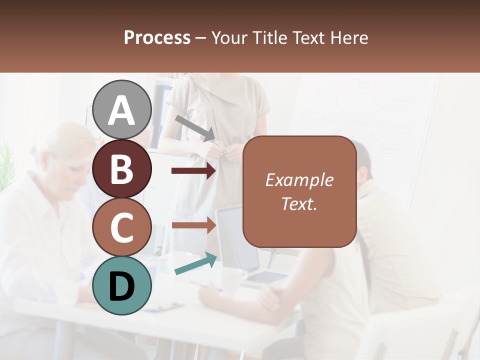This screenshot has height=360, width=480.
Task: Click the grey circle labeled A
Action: tap(122, 109)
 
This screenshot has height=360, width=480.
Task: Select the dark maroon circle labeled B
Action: tap(122, 168)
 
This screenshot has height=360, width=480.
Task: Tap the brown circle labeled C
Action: tap(122, 227)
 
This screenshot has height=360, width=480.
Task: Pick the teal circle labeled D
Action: tap(122, 285)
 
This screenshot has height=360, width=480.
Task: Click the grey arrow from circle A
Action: tap(195, 127)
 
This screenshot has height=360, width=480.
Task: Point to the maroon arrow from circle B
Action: tap(193, 171)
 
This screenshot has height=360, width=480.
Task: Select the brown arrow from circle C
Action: tap(193, 225)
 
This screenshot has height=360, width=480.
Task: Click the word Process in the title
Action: tap(157, 37)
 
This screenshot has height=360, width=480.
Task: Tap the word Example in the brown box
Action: tap(299, 180)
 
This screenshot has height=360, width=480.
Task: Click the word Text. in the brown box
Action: tap(299, 203)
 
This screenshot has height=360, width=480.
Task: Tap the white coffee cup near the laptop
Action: tap(231, 280)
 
